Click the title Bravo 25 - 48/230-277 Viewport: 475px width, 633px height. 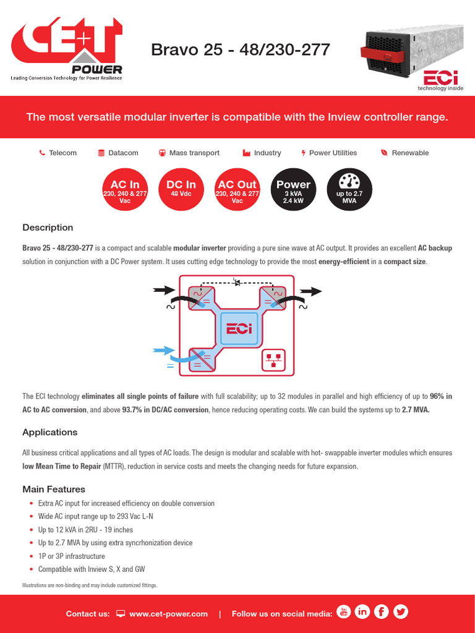(x=241, y=50)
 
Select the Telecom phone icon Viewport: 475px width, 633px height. (x=42, y=153)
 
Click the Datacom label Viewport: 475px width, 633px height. (x=123, y=153)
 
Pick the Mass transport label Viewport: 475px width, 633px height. (x=194, y=153)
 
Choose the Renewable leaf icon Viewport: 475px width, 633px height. (x=384, y=153)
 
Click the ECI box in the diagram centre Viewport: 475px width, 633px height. (x=239, y=329)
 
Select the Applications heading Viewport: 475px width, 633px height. (x=50, y=432)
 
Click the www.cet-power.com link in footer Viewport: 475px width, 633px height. (x=168, y=614)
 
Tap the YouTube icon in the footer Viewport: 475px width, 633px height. (x=344, y=612)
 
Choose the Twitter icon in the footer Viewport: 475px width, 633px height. (x=401, y=612)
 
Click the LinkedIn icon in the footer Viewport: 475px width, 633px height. (x=362, y=612)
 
